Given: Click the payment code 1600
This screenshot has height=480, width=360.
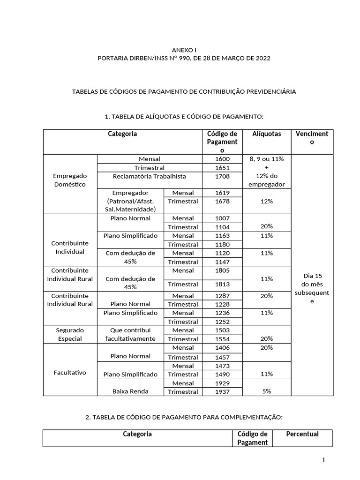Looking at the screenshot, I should click(x=222, y=159).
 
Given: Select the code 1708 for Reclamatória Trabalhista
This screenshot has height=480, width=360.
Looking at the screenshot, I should click(x=222, y=176).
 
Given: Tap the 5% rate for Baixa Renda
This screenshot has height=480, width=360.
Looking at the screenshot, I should click(x=267, y=391).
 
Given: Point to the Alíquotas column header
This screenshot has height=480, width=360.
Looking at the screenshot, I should click(x=267, y=134).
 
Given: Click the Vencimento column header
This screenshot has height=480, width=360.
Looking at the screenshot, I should click(x=312, y=138).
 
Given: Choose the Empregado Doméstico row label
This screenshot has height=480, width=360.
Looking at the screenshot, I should click(x=70, y=180).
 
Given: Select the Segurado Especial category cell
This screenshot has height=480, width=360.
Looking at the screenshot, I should click(x=70, y=334).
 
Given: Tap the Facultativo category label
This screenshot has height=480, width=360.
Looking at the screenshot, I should click(x=70, y=373).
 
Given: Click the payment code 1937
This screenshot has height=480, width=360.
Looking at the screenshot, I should click(x=222, y=392).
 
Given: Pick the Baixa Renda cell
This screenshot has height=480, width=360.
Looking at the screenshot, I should click(x=130, y=391).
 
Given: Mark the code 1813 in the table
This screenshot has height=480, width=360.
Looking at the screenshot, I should click(x=222, y=284).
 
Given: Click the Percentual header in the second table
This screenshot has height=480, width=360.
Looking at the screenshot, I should click(x=302, y=434).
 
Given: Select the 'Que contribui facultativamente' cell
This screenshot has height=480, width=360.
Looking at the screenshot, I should click(x=130, y=334).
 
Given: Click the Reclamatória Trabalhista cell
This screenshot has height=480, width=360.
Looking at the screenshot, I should click(x=149, y=176).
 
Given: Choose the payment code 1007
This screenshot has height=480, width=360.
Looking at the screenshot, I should click(x=222, y=218).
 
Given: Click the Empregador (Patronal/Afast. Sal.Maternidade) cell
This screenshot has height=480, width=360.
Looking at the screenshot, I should click(x=130, y=201).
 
